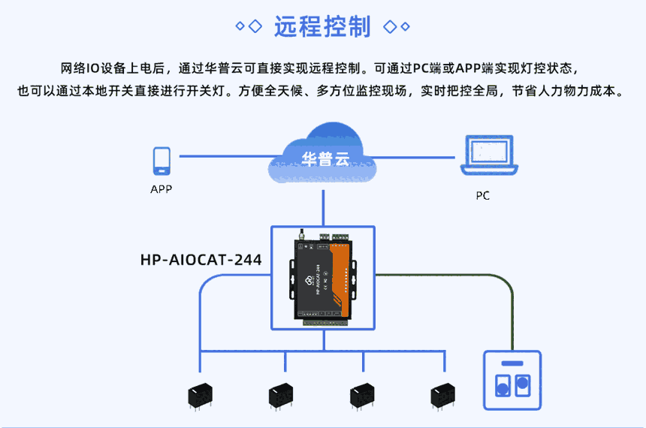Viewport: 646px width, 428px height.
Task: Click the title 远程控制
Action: click(x=323, y=26)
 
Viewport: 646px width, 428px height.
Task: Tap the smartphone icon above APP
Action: click(x=161, y=161)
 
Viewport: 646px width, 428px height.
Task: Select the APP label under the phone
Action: click(x=161, y=189)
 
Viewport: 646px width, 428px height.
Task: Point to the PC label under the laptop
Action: click(x=482, y=196)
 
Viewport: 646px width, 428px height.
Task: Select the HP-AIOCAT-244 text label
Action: click(x=201, y=261)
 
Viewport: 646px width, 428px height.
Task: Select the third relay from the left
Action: click(x=362, y=394)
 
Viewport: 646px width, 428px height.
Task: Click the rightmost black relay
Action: click(x=443, y=394)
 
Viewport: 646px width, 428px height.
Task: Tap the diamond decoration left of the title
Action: click(x=249, y=27)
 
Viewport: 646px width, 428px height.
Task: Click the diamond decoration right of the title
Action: click(x=397, y=27)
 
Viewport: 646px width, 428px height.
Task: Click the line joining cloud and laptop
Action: click(x=417, y=157)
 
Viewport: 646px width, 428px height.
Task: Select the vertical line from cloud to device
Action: click(x=324, y=207)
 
